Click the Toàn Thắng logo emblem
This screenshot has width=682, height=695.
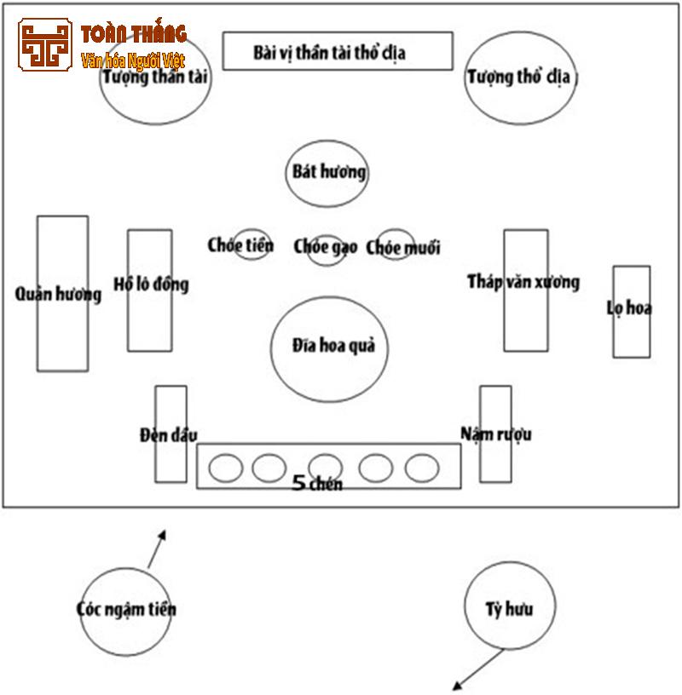point(45,45)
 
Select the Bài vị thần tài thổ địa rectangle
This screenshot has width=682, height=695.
point(338,52)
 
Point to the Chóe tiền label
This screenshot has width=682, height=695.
point(241,245)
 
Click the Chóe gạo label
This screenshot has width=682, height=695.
point(326,247)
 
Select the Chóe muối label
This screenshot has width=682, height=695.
point(403,248)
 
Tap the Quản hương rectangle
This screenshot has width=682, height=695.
point(62,293)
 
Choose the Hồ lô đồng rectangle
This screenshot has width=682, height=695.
point(150,290)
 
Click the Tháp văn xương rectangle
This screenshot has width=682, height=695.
point(524,290)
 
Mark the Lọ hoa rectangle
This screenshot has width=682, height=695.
point(631,311)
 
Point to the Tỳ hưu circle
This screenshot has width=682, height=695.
point(510,606)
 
